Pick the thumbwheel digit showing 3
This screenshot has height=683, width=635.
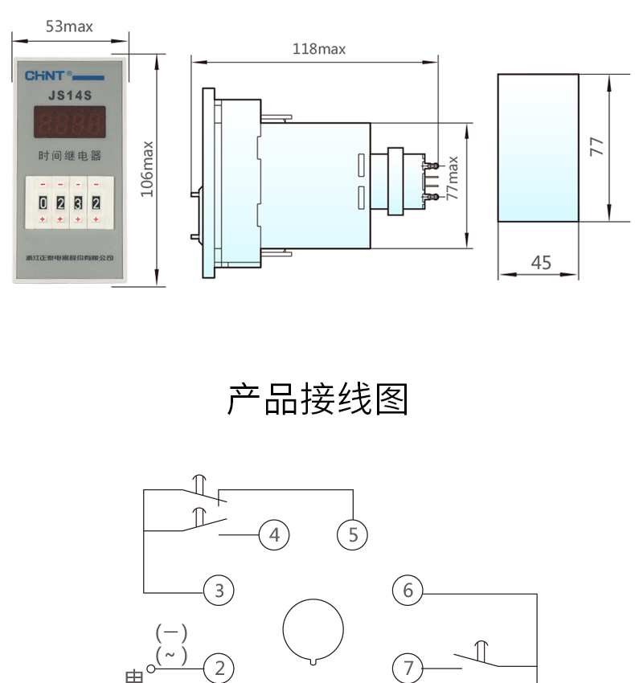tap(78, 201)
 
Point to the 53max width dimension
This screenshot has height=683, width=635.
tap(69, 27)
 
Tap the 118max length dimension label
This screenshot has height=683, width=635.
tap(318, 49)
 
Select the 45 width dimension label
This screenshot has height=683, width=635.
tap(541, 263)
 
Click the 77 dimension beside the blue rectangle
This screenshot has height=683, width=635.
tap(596, 146)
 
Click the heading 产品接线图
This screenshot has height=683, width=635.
tap(317, 399)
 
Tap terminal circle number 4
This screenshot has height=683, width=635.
tap(274, 534)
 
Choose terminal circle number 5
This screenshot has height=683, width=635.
tap(352, 534)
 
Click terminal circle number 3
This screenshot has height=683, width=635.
tap(219, 591)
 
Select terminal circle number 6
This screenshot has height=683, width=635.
tap(408, 591)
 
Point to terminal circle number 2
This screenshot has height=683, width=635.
tap(219, 667)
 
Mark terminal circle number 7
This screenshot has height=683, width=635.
tap(408, 667)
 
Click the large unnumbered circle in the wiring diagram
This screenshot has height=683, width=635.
tap(313, 630)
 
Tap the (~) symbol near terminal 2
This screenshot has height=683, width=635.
tap(171, 654)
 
